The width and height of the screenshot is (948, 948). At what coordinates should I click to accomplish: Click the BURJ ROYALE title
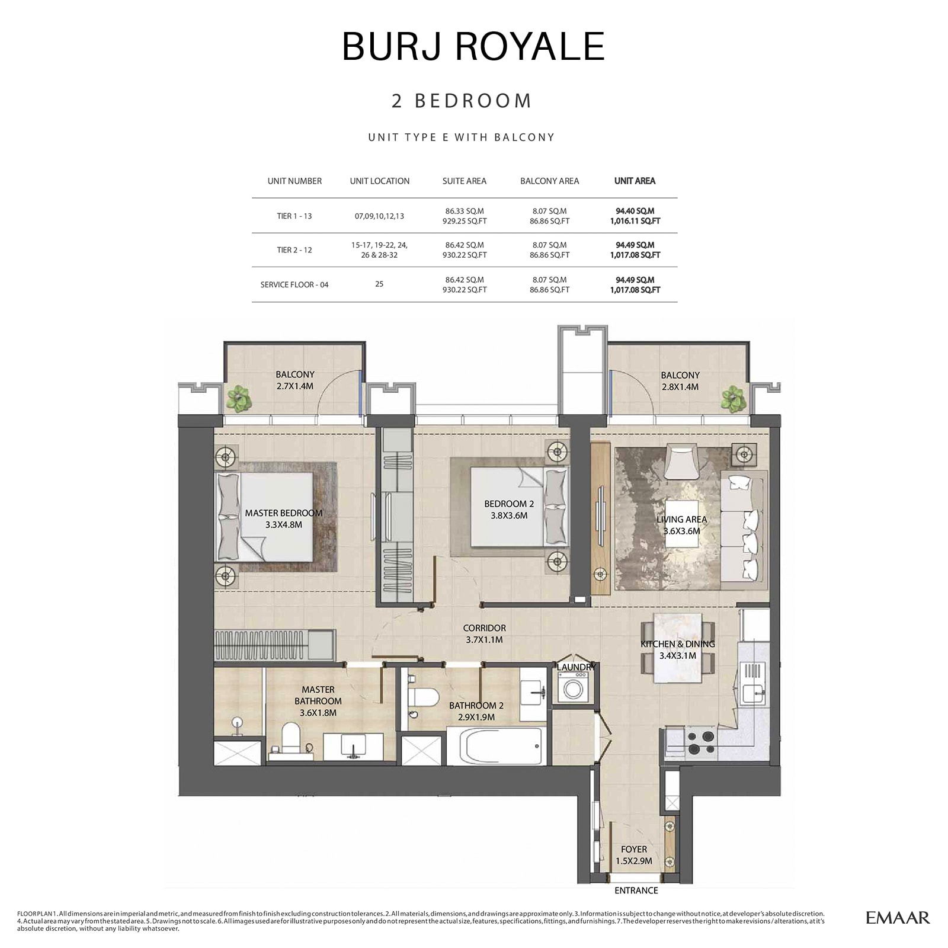click(x=473, y=46)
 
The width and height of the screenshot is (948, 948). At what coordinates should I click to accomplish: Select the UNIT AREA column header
click(x=635, y=181)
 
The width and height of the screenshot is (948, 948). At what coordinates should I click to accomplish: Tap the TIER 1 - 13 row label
click(x=294, y=216)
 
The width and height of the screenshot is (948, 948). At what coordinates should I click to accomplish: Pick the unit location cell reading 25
click(x=379, y=284)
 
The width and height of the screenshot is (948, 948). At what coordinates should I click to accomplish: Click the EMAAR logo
click(x=897, y=918)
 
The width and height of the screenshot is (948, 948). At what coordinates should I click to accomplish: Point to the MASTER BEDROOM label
click(x=284, y=519)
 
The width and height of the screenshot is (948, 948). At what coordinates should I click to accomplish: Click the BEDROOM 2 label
click(x=509, y=510)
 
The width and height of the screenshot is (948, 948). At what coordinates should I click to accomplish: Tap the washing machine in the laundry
click(x=572, y=689)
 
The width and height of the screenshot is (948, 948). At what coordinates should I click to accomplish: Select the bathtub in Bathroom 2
click(x=502, y=747)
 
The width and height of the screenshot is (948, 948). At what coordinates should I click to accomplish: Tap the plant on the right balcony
click(x=734, y=398)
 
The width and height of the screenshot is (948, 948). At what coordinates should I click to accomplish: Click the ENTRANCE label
click(x=636, y=891)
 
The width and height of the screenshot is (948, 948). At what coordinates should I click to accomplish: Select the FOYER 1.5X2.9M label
click(x=633, y=855)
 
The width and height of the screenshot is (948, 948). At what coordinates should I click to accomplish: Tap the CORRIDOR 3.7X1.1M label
click(x=484, y=634)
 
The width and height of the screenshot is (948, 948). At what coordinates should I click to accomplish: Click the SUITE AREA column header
click(x=464, y=181)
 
